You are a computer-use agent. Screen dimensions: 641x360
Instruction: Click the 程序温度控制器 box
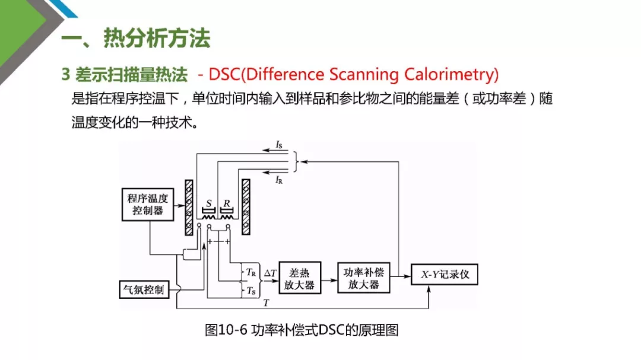coord(148,204)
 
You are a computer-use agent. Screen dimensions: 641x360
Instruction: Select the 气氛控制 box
coord(144,289)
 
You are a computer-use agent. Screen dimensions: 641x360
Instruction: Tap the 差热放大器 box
coord(300,278)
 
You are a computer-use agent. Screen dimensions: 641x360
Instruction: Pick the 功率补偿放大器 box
coord(363,278)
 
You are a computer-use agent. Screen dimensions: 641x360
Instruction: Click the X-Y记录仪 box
coord(445,274)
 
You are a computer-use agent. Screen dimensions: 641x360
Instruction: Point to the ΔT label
coord(270,273)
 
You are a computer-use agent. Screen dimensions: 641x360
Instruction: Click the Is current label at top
coord(279,145)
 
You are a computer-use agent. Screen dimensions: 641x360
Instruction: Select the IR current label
coord(279,180)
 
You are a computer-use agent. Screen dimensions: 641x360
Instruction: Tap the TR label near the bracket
coord(250,272)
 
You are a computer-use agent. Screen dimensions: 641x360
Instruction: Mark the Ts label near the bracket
coord(250,291)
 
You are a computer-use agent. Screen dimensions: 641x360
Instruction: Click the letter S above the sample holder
coord(209,203)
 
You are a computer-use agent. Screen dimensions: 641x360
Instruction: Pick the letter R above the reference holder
coord(227,203)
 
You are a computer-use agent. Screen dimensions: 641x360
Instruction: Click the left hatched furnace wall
coord(189,207)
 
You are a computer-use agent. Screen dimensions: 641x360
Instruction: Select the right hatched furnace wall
coord(246,207)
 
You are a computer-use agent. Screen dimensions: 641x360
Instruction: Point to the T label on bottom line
coord(266,303)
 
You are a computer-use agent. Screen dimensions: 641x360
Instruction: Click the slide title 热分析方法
coord(157,39)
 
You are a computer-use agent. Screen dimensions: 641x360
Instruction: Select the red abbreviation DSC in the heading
coord(224,74)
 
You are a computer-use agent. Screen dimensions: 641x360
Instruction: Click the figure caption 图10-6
coord(226,330)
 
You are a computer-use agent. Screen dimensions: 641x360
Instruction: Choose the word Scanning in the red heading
coord(363,75)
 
